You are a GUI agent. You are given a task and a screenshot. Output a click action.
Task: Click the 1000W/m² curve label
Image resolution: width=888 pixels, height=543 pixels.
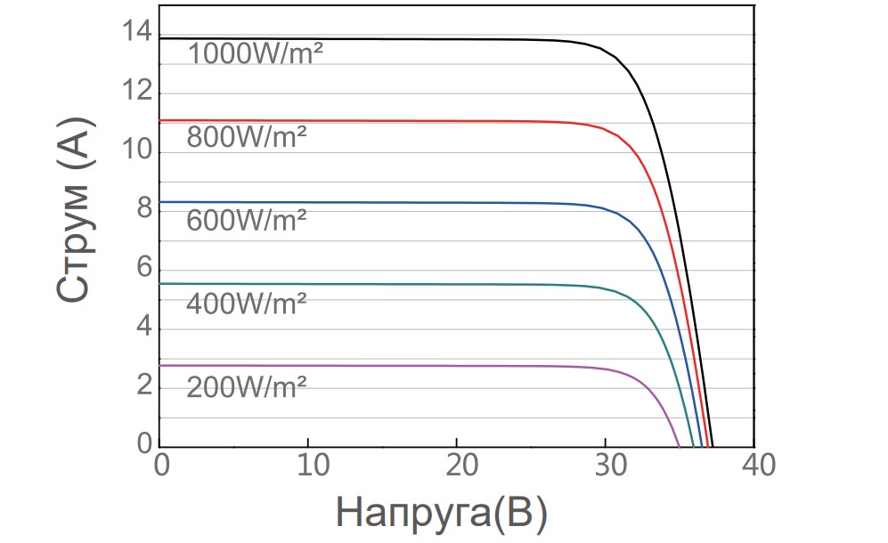point(255,53)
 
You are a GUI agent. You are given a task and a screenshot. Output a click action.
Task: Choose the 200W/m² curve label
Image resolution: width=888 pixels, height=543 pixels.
point(247,386)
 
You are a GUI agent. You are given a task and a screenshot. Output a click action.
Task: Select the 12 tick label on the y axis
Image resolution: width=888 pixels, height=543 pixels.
point(140,94)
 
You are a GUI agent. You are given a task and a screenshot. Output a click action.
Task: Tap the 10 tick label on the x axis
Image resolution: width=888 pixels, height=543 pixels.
point(307,465)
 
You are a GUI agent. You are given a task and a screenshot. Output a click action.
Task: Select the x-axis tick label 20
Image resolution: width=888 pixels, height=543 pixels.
point(456,465)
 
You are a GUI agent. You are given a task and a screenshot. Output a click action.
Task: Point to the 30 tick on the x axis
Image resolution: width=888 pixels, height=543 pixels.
point(606,465)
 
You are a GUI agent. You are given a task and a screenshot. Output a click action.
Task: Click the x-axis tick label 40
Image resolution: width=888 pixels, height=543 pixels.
point(754,465)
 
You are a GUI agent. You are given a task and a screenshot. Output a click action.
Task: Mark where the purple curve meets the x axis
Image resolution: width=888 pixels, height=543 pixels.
point(680,446)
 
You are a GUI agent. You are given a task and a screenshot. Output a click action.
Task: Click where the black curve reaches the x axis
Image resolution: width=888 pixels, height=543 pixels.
point(713,446)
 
